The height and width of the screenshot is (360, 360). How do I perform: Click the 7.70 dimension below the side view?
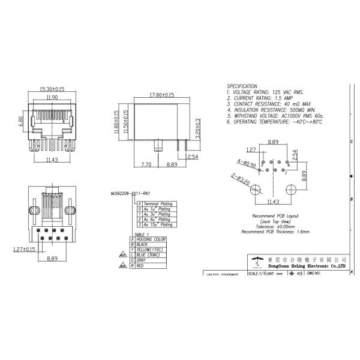tap(145, 163)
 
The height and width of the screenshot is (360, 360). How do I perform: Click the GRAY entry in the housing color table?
tap(142, 260)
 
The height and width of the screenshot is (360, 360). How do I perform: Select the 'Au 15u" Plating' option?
tap(158, 224)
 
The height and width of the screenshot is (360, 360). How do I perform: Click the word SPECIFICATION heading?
tap(242, 86)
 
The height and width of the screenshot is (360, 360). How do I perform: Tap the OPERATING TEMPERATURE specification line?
tap(274, 122)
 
